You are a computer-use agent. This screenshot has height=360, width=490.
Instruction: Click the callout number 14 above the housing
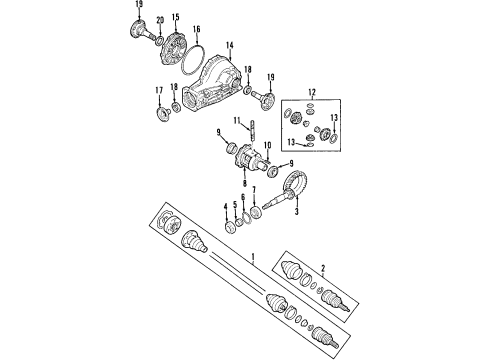point(230,45)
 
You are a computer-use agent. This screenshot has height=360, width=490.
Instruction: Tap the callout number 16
point(197,29)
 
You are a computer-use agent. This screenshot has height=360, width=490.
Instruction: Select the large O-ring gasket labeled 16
point(193,60)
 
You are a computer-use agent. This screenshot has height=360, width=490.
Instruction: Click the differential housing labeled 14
point(212,84)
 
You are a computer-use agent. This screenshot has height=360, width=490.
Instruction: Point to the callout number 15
point(175,17)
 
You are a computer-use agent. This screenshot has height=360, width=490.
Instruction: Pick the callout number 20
point(160,20)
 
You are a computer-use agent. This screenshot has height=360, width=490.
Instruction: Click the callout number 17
point(159,90)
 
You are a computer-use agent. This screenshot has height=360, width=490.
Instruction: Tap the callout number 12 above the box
point(312,92)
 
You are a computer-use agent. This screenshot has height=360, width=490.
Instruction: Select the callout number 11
point(237,120)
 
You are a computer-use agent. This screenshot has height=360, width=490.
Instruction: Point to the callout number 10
point(268,145)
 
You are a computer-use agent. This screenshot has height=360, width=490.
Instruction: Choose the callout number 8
point(245,183)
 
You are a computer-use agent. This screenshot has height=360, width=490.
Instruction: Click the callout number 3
point(296,211)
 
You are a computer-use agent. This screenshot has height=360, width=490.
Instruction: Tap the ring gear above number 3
point(294,184)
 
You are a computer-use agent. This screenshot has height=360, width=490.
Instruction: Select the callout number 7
point(254,190)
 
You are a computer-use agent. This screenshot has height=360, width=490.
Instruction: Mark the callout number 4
point(226,207)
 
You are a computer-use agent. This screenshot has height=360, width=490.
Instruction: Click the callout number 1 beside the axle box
point(253,257)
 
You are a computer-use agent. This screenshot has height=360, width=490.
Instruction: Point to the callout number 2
point(323,268)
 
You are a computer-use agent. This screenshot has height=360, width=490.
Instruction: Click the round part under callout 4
point(229,228)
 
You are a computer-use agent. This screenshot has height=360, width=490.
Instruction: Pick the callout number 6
point(243,197)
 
